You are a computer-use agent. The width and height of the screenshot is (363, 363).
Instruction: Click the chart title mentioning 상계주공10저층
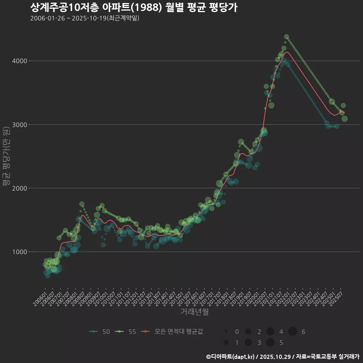tap(133, 8)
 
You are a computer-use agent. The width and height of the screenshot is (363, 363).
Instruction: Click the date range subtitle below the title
tap(85, 18)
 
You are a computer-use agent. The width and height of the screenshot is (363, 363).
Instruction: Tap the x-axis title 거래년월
tap(194, 312)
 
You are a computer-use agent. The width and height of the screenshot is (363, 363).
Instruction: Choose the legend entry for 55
tap(126, 332)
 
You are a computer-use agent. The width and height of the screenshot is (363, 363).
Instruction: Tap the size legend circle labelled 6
tap(293, 332)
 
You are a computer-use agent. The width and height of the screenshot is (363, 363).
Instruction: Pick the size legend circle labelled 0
tap(226, 332)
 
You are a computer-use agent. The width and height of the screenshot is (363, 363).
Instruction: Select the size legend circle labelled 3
tap(248, 343)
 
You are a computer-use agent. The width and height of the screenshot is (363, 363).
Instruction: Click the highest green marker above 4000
tap(286, 37)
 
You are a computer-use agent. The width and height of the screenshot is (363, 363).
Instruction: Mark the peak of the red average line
tap(287, 52)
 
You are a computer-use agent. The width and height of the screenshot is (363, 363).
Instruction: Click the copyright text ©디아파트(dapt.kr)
tap(230, 357)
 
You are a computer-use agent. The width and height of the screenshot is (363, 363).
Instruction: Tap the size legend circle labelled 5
tap(270, 343)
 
